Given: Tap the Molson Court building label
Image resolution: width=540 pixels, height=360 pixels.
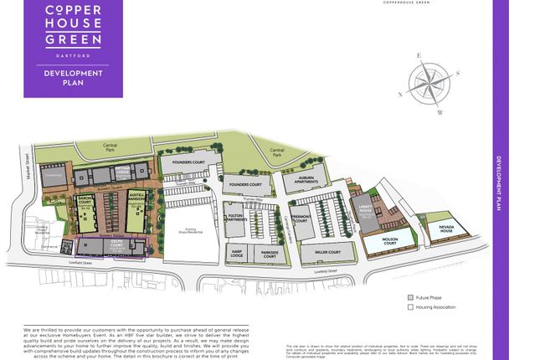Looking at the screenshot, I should (x=384, y=240).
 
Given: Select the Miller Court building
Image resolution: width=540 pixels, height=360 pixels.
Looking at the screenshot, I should (x=327, y=252).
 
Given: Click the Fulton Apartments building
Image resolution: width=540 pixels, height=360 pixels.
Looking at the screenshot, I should (x=236, y=219).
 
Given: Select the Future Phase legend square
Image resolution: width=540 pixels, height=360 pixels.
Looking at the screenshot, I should (x=410, y=297).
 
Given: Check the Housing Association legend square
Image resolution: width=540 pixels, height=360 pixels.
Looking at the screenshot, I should (x=410, y=307).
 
